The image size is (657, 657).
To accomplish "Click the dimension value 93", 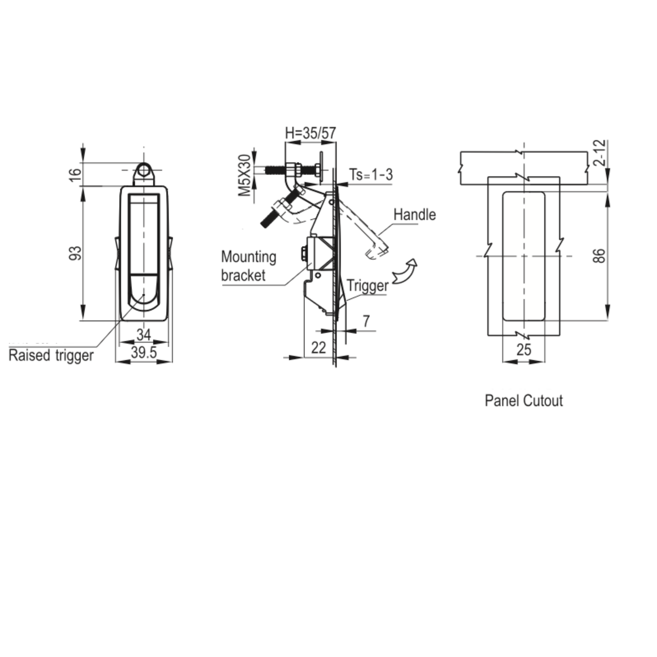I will click(76, 253).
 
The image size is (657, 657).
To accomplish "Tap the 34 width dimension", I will click(144, 335).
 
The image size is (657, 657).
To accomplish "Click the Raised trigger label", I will click(51, 355).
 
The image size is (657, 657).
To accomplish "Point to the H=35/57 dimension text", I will click(311, 133).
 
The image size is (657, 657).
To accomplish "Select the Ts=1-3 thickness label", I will click(371, 175).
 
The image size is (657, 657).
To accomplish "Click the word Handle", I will click(414, 215).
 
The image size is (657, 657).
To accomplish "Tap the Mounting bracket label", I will click(248, 266).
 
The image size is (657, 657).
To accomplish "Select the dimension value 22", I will click(318, 348).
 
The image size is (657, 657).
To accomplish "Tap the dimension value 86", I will click(599, 256).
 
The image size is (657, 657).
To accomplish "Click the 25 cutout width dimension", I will click(524, 350).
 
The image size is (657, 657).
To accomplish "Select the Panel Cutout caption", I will click(523, 401).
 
